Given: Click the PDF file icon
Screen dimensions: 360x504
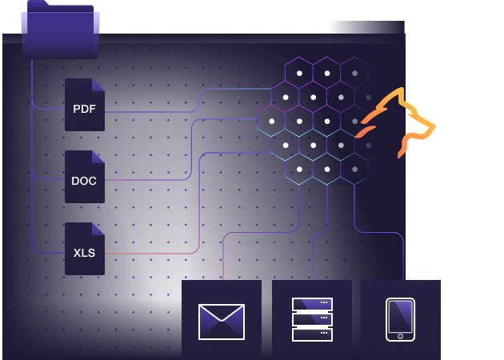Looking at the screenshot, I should (84, 105).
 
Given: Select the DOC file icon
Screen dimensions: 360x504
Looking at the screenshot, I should (84, 177).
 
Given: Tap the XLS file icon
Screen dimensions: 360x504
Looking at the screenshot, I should (84, 249).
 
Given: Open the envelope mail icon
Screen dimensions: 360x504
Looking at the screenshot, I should (222, 322).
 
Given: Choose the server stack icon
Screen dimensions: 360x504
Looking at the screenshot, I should (312, 319).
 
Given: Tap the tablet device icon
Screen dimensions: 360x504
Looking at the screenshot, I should (400, 319).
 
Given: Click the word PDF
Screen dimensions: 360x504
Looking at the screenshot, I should (84, 109).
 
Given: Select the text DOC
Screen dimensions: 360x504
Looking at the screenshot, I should (84, 181).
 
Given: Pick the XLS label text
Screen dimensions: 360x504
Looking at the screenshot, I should (84, 253).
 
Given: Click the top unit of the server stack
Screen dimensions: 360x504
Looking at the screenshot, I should (312, 304).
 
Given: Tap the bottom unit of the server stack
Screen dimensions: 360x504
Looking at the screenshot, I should (312, 334).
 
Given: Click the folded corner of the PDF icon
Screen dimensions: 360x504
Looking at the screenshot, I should (98, 84).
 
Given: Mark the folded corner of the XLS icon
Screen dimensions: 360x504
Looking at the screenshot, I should (98, 228).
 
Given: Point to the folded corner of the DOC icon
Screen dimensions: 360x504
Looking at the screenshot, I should (98, 156).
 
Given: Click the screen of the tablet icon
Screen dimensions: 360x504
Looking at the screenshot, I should (400, 318).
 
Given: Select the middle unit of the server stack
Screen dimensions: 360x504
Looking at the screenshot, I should (312, 319).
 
